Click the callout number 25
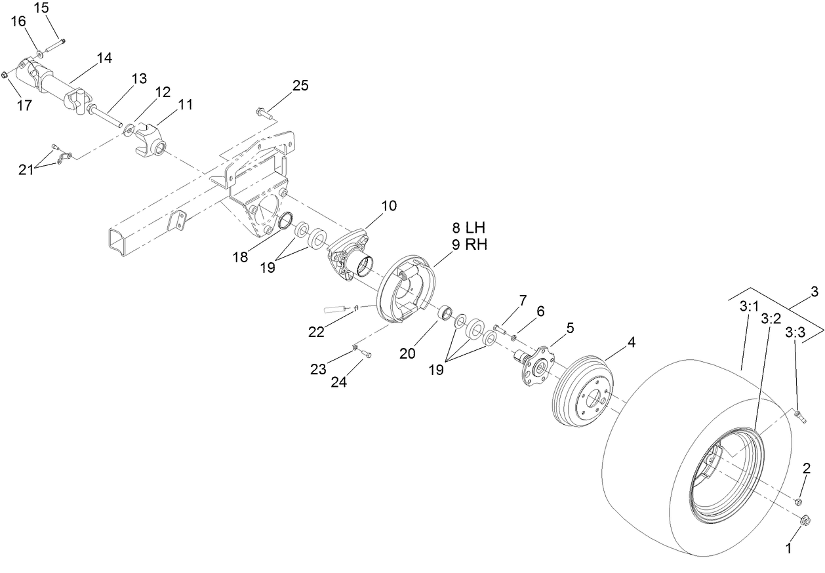tap(300, 85)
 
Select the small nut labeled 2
tap(798, 502)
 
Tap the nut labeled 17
tap(5, 75)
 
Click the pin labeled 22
tap(341, 307)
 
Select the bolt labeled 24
tap(365, 354)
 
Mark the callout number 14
tap(104, 58)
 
